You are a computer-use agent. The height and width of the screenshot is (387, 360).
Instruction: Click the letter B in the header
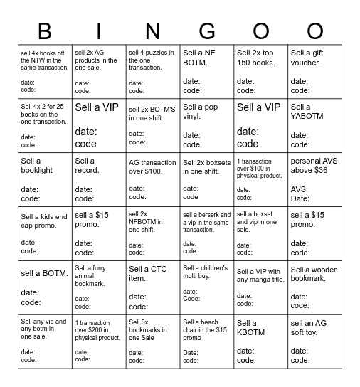point(45,31)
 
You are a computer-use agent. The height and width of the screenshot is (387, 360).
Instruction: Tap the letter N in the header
point(153,31)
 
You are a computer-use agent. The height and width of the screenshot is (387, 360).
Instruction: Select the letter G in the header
point(207,31)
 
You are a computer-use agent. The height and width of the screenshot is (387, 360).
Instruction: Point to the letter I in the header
point(99,31)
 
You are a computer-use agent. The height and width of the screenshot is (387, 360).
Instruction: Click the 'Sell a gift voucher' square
point(314,71)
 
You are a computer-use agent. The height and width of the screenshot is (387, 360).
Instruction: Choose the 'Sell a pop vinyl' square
point(207,125)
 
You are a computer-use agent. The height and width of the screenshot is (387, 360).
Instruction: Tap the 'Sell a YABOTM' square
point(314,125)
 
